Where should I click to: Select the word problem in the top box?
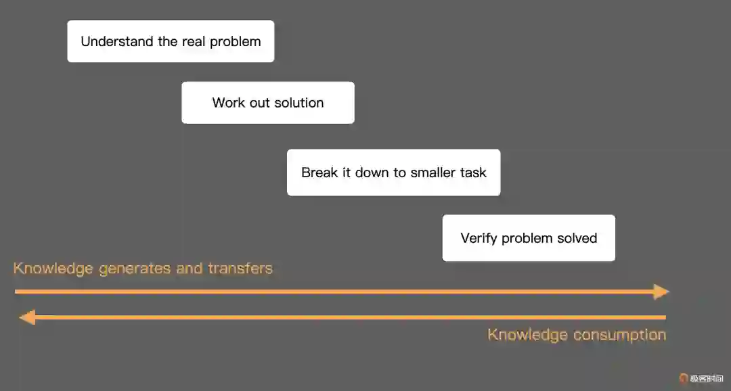(x=235, y=41)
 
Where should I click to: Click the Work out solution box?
(x=267, y=103)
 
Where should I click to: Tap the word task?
(x=474, y=172)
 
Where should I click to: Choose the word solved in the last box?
(x=577, y=238)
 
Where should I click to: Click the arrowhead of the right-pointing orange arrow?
(x=661, y=292)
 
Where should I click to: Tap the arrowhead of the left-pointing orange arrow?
(x=26, y=317)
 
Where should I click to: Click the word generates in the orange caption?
(x=135, y=269)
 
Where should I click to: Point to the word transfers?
(x=240, y=269)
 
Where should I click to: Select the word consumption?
(x=619, y=335)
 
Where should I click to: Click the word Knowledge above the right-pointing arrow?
(x=53, y=269)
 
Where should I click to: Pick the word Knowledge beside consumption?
(x=527, y=335)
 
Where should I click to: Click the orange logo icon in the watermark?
(x=684, y=378)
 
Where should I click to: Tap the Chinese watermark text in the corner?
(x=706, y=378)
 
